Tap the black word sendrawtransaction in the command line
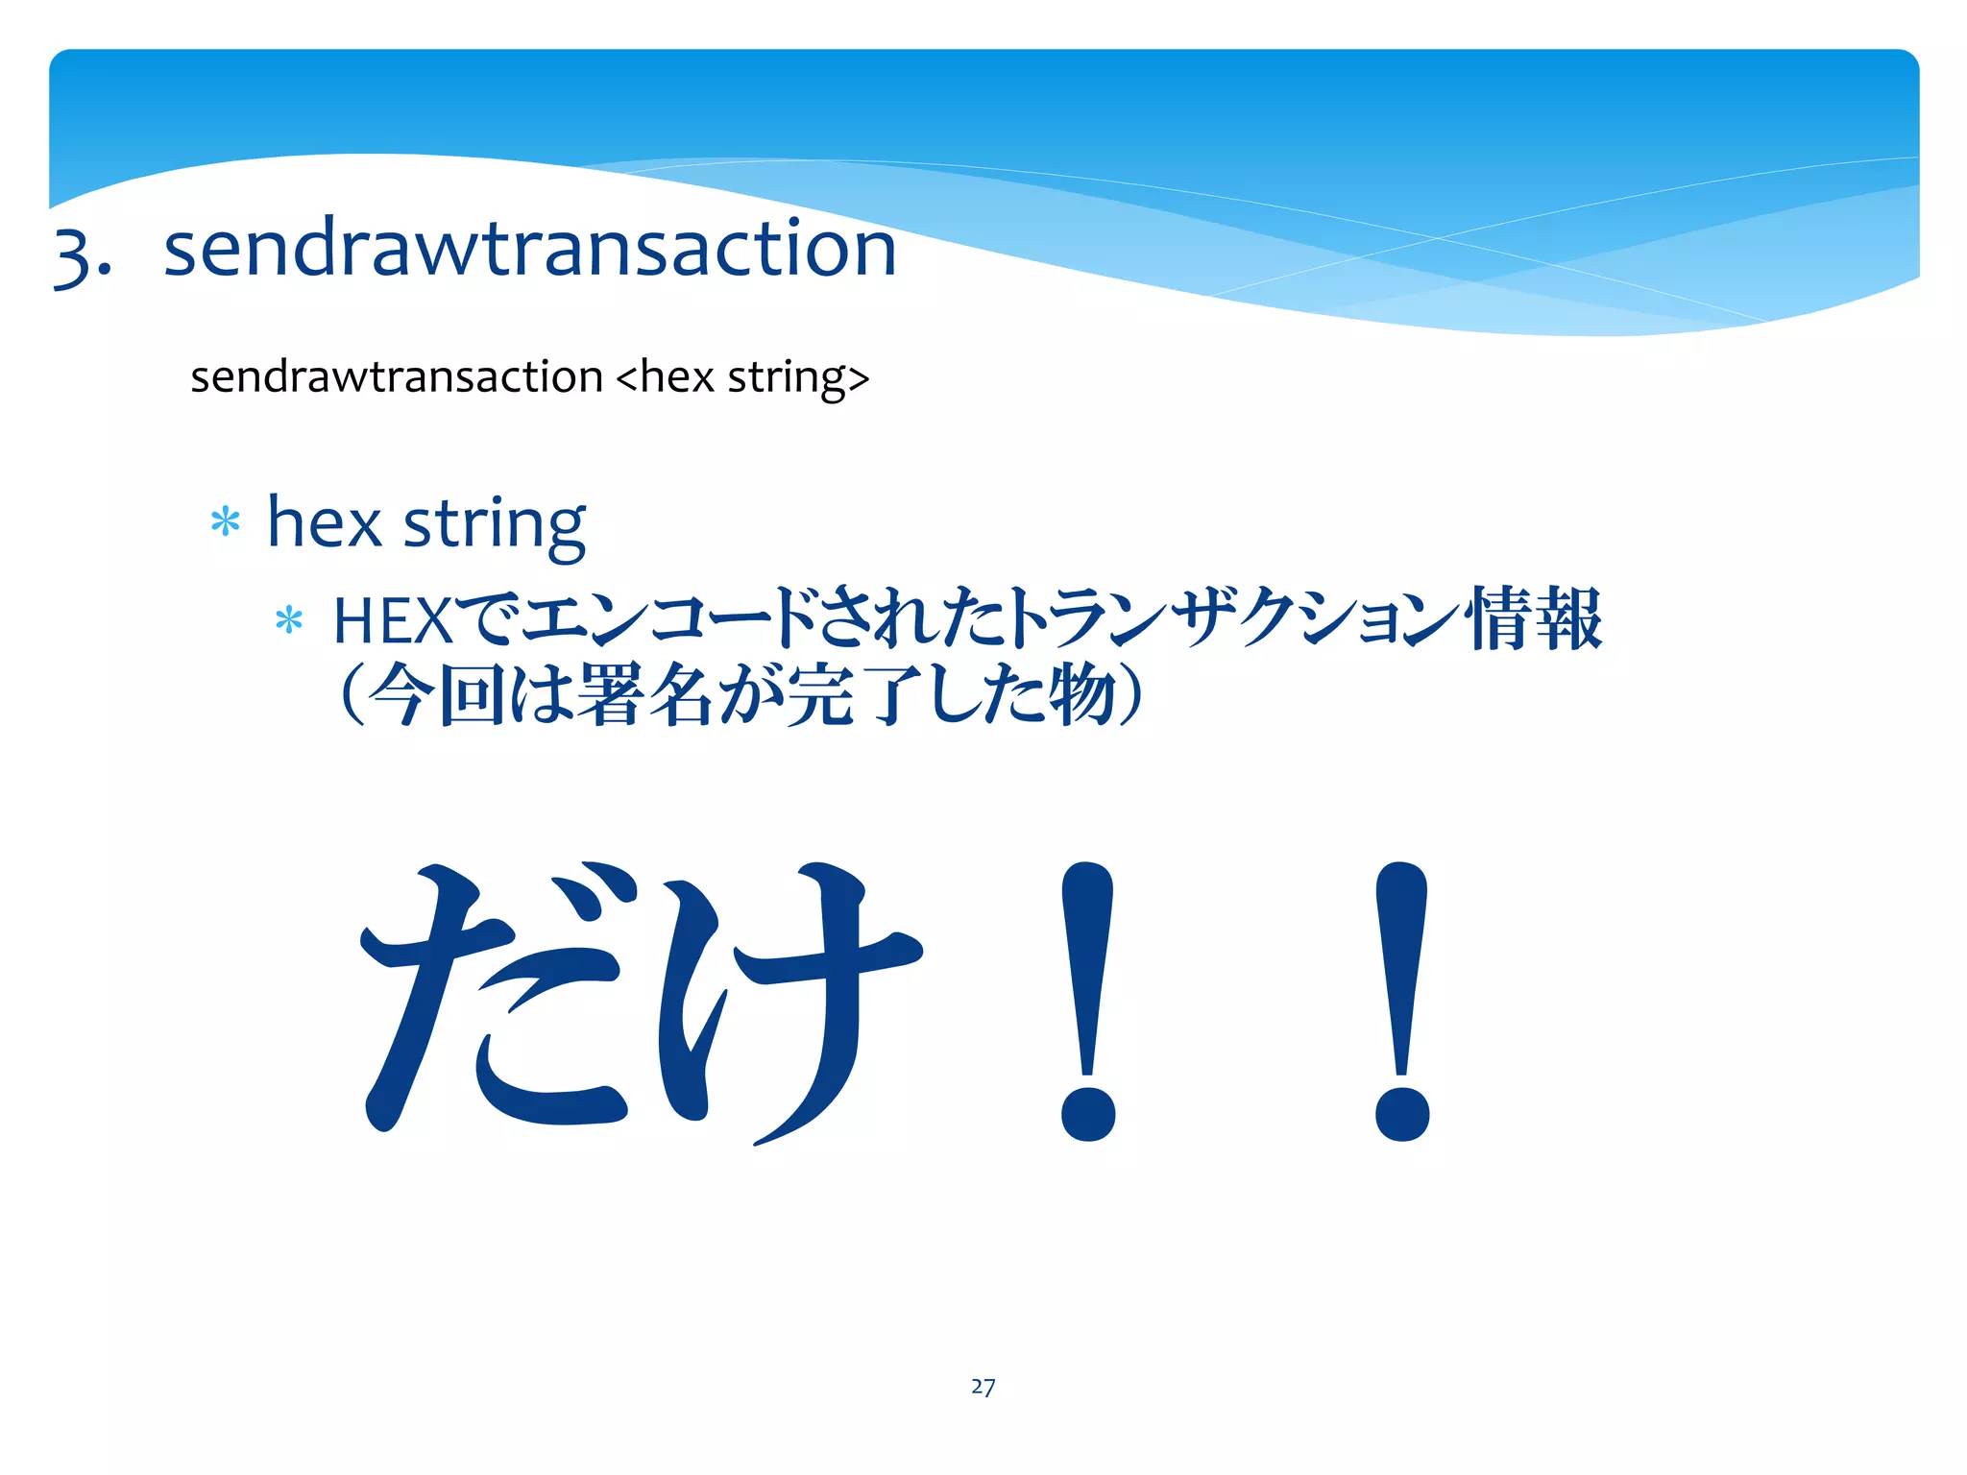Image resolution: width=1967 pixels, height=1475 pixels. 396,376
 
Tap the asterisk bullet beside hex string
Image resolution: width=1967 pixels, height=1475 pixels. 225,523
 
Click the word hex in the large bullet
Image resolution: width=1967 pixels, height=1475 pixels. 324,524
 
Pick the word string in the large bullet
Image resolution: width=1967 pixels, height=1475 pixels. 494,526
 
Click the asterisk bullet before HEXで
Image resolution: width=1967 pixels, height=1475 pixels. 288,621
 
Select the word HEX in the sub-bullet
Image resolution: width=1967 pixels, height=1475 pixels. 392,621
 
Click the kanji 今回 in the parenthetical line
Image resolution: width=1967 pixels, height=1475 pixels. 437,694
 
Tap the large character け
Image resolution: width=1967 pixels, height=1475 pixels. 788,999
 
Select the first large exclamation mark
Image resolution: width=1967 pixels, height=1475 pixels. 1087,999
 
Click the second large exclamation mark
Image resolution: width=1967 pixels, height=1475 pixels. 1401,999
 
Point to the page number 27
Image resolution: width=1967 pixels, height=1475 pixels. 983,1387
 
